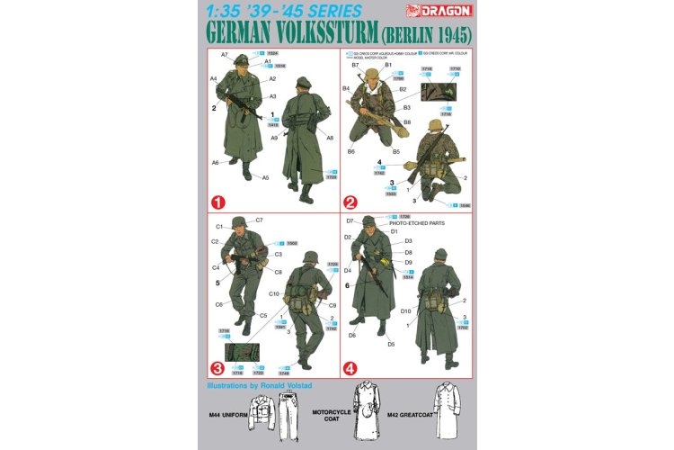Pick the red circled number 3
pos(217,367)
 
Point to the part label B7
pos(356,65)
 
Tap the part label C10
pos(272,294)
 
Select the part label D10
pos(405,310)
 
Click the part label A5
pos(265,177)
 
